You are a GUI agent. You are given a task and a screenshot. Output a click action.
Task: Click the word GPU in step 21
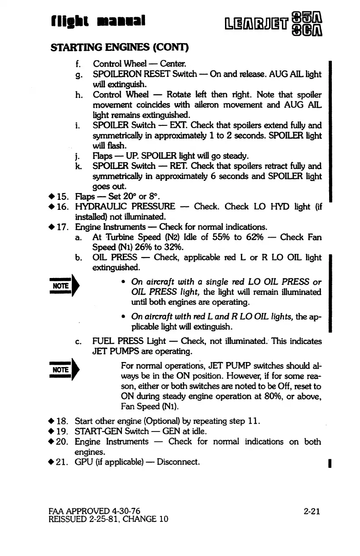click(x=83, y=463)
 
